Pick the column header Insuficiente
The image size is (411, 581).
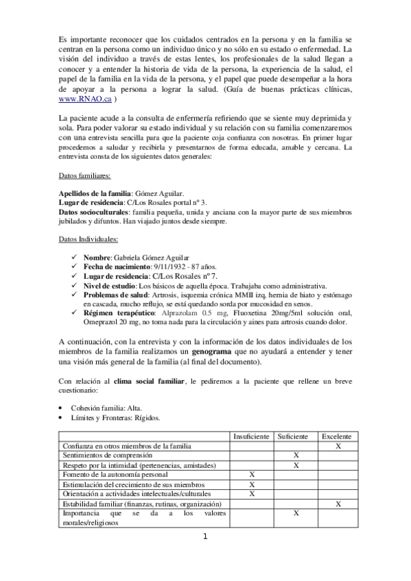pos(251,436)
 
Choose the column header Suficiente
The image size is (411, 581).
pos(295,436)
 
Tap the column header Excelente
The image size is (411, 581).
pos(337,436)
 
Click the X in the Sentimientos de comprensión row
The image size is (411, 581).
pos(296,455)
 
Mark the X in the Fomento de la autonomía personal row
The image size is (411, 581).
pos(252,474)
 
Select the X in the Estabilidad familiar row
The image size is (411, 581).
pos(338,504)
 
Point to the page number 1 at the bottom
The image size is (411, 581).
pos(205,536)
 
